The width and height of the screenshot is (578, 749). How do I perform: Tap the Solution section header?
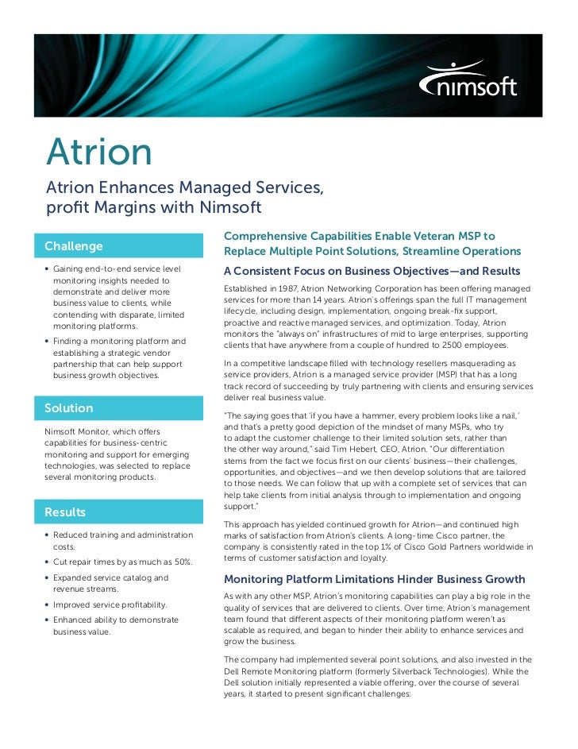pos(69,407)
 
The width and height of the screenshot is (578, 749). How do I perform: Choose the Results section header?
pos(65,512)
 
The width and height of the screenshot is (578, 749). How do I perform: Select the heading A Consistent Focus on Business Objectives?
pos(372,272)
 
